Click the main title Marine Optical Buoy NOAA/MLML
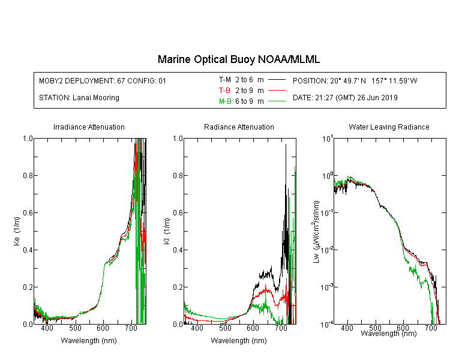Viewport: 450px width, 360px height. click(238, 59)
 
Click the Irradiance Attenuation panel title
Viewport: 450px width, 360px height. click(89, 127)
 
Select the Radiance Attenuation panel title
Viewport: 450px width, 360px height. click(239, 127)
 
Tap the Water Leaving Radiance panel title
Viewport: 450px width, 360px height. click(389, 127)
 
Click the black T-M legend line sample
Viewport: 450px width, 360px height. click(277, 80)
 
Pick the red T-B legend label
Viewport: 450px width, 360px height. click(224, 91)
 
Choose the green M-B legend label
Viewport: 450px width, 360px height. click(225, 101)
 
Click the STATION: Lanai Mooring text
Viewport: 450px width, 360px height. click(79, 98)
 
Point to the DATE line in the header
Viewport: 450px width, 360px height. click(345, 98)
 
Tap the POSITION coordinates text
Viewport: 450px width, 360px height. click(355, 80)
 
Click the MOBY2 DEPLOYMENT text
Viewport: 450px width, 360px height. click(103, 80)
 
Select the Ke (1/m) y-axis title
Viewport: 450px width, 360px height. click(17, 232)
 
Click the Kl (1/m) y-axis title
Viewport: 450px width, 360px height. click(167, 232)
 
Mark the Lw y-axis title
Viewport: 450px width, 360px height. click(316, 232)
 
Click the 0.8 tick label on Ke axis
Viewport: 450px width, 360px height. click(28, 175)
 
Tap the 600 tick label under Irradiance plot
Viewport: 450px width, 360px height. click(103, 328)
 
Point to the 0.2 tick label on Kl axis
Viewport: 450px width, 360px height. click(178, 287)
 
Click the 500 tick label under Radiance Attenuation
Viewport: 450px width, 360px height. click(225, 328)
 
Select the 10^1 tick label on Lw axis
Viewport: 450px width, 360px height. click(327, 139)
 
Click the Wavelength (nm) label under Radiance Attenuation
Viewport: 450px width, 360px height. click(239, 341)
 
